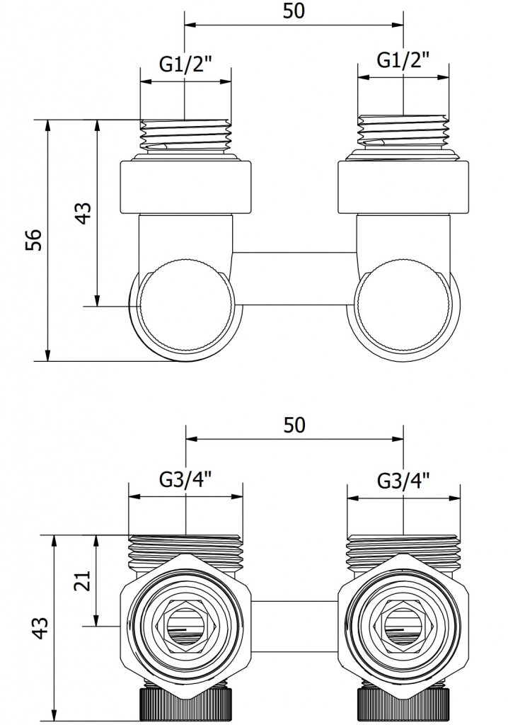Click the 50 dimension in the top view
tap(294, 13)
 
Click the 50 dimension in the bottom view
tap(294, 425)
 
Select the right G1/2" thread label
tap(403, 62)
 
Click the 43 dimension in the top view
tap(83, 212)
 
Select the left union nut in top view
tap(185, 188)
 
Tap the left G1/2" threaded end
tap(185, 135)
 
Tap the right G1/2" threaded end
tap(403, 135)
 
